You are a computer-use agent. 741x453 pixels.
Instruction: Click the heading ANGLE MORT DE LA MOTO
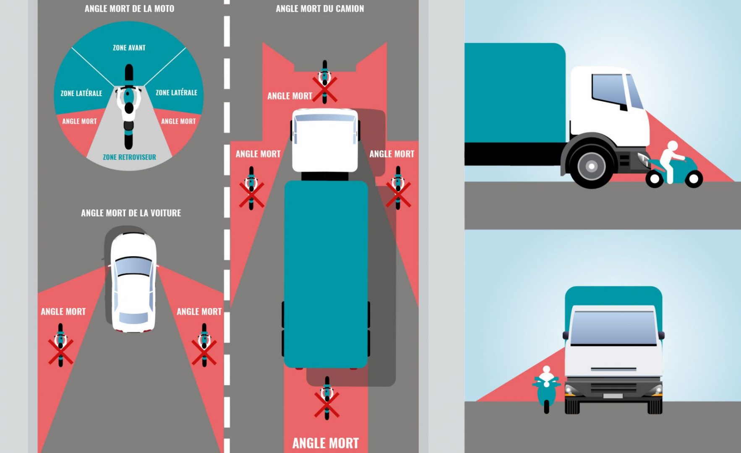click(129, 8)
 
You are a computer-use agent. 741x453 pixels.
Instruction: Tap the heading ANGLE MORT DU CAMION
click(320, 8)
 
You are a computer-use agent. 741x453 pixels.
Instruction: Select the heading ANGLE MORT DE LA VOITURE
click(131, 213)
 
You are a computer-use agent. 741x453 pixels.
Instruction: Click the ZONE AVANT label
click(129, 48)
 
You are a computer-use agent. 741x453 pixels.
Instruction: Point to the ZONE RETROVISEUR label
click(129, 157)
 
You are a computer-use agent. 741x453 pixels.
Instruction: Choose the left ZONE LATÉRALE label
click(81, 93)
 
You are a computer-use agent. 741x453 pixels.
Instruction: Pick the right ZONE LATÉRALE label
click(176, 92)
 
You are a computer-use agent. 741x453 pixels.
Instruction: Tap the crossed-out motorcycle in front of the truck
click(324, 82)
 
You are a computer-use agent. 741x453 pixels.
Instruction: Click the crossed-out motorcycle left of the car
click(61, 345)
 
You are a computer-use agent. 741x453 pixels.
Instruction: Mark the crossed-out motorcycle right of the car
click(204, 345)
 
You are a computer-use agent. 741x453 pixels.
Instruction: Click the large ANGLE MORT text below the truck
click(326, 443)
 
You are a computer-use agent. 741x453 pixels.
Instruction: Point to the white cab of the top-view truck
click(325, 141)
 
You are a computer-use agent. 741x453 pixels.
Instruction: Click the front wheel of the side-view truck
click(591, 166)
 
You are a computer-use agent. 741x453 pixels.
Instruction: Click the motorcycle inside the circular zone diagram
click(129, 107)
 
